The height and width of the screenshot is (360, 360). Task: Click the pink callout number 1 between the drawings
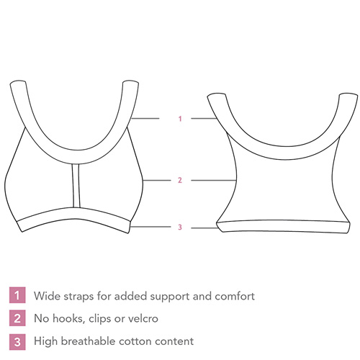point(180,119)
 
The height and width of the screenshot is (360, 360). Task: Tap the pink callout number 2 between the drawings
point(180,180)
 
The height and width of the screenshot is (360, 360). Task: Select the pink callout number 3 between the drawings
point(180,227)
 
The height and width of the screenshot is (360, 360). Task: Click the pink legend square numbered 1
point(17,295)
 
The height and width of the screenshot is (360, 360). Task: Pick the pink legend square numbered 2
point(17,318)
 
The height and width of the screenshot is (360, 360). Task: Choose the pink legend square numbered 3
point(17,342)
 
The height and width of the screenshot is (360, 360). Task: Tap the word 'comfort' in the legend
point(235,296)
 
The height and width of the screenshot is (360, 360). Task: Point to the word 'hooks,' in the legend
point(68,318)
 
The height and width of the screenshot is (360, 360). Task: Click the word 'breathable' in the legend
point(88,341)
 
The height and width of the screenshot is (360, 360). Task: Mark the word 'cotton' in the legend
point(135,341)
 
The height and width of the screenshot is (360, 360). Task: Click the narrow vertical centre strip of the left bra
point(76,186)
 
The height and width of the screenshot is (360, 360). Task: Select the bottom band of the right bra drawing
point(283,226)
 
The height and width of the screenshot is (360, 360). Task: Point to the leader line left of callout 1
point(145,118)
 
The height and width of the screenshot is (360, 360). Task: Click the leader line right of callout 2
point(214,180)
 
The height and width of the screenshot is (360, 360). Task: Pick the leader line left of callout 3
point(151,227)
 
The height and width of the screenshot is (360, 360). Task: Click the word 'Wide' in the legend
point(47,296)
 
